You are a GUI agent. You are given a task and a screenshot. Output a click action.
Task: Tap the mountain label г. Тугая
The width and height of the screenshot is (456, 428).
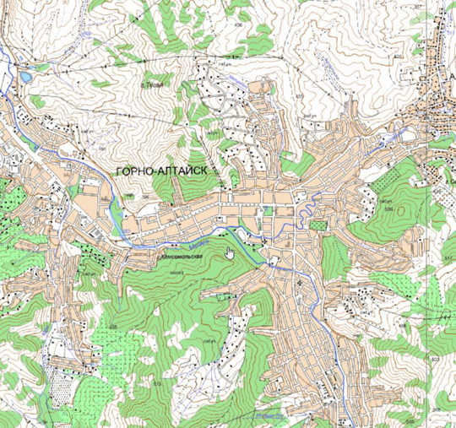tap(153, 84)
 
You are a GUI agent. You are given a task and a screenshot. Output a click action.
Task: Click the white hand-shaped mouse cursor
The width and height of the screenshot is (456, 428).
tap(229, 252)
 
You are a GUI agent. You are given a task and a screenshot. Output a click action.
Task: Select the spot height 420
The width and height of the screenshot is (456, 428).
tap(398, 56)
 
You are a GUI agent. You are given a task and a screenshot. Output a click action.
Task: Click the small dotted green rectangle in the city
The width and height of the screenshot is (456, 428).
tap(318, 225)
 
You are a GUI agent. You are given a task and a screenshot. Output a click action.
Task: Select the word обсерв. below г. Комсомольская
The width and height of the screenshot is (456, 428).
tap(177, 273)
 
